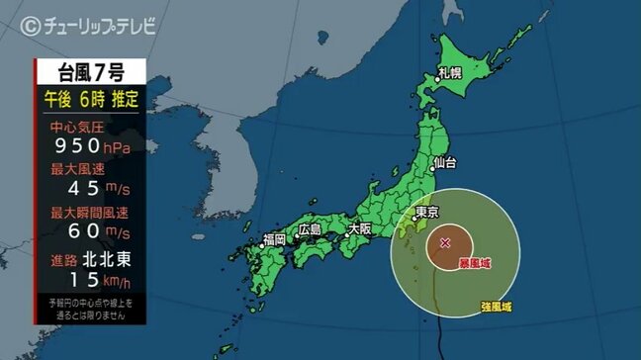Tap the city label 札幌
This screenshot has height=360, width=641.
coord(451,74)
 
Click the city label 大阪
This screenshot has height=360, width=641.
coord(359,228)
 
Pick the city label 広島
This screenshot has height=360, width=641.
coord(311,229)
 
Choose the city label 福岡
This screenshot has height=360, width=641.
coord(274,239)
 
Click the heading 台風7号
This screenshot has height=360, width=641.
coord(91,71)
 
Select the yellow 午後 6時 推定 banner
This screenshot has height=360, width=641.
coord(91,98)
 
